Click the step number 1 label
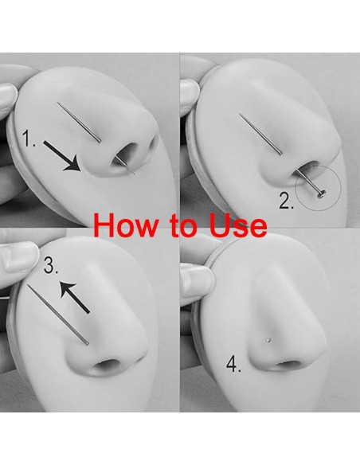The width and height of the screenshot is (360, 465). (29, 139)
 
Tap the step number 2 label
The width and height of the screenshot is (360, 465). (287, 201)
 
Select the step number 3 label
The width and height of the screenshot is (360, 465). (51, 265)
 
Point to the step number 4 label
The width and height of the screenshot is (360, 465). (234, 364)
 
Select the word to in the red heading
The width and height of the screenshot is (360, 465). (185, 225)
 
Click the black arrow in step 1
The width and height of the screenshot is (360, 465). (62, 156)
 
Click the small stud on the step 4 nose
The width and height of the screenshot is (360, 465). (268, 340)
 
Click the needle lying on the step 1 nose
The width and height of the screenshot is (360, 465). (79, 122)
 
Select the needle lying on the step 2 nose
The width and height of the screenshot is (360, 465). (260, 134)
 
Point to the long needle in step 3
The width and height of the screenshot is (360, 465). (58, 315)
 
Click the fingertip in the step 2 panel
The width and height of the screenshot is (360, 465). (190, 96)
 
